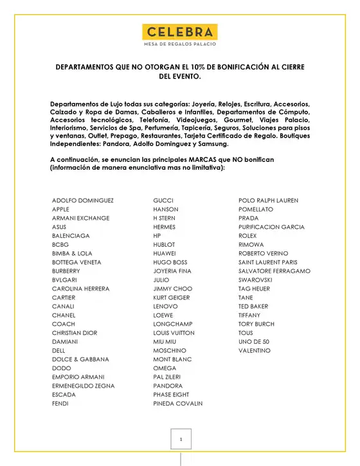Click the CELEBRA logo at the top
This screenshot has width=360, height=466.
[179, 31]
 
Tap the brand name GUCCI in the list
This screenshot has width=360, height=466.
[164, 201]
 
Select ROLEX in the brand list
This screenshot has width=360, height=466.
[248, 236]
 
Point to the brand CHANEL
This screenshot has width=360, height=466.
[64, 316]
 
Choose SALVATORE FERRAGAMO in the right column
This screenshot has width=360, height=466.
[274, 271]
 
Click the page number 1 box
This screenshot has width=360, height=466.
[182, 439]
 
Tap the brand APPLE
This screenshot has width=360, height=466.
[60, 210]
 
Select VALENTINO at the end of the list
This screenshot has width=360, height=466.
[255, 351]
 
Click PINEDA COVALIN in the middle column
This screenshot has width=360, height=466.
[177, 404]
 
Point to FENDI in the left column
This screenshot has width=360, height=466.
[60, 404]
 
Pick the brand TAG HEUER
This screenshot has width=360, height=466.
[254, 289]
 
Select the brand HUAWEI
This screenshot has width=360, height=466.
[165, 253]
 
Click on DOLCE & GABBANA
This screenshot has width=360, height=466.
[80, 359]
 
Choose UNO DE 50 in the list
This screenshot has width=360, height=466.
[254, 342]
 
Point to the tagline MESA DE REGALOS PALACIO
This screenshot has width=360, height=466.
[179, 44]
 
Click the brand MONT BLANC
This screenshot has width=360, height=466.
[172, 359]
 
